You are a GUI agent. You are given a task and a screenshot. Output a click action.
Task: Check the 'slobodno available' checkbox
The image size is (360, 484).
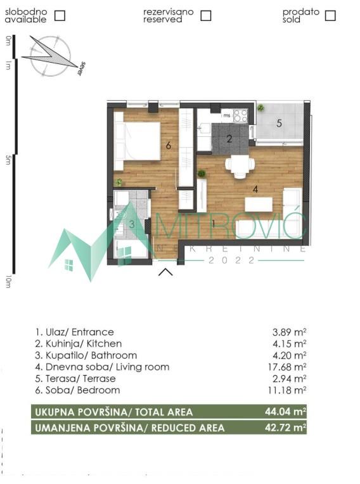[60, 16]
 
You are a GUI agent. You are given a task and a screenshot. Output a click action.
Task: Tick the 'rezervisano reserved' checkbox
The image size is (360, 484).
[205, 16]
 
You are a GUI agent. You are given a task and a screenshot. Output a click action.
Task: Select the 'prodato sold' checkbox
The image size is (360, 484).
[330, 16]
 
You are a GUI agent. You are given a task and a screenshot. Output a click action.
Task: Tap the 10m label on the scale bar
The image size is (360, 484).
[8, 281]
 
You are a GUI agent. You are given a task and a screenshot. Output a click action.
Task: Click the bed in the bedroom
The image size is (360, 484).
[139, 141]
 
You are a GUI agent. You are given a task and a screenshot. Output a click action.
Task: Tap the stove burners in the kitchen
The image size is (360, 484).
[240, 116]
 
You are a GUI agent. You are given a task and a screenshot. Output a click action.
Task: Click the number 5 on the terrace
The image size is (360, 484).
[279, 123]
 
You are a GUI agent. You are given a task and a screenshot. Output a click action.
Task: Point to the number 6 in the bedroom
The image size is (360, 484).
[169, 145]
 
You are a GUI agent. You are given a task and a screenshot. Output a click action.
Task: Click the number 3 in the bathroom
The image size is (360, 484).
[132, 224]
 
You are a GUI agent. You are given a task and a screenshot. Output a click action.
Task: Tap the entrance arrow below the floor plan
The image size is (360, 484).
[165, 272]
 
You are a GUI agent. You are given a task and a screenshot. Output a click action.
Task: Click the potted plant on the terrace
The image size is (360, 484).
[260, 108]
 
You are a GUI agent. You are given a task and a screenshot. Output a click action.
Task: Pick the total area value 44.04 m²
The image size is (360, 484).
[286, 412]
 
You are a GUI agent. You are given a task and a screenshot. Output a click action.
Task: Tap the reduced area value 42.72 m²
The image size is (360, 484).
[286, 428]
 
